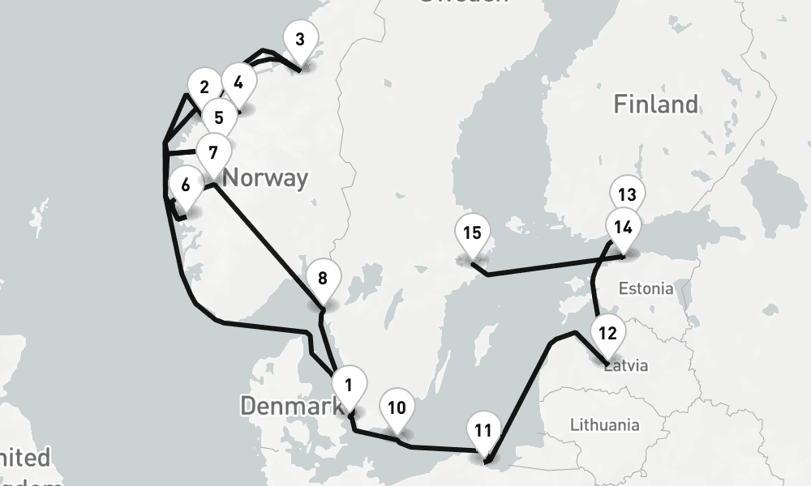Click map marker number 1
click(349, 386)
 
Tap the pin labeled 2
click(204, 87)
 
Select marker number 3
click(300, 40)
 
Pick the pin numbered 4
click(238, 83)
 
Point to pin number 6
click(186, 185)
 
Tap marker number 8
click(323, 279)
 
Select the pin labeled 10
click(397, 408)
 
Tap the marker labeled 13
click(626, 195)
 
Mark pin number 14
click(623, 228)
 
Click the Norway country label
click(265, 177)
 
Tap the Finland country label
click(655, 104)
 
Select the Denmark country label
click(290, 406)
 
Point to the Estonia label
click(646, 288)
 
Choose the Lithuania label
click(604, 424)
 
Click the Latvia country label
click(627, 365)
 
